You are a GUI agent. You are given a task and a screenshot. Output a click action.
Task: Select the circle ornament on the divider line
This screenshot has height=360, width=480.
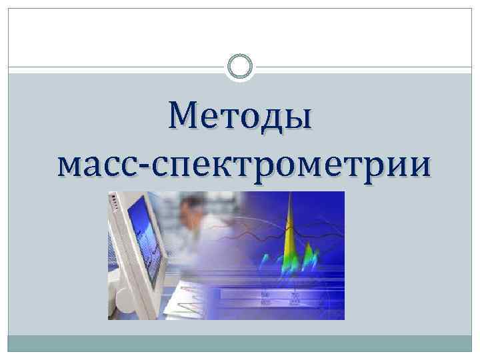240,67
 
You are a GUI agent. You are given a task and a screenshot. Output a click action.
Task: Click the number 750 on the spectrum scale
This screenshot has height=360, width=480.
294,295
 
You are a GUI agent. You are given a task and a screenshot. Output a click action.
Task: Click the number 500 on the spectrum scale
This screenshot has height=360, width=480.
265,295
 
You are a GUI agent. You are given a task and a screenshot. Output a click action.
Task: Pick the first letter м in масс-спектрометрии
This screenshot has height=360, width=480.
71,167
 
